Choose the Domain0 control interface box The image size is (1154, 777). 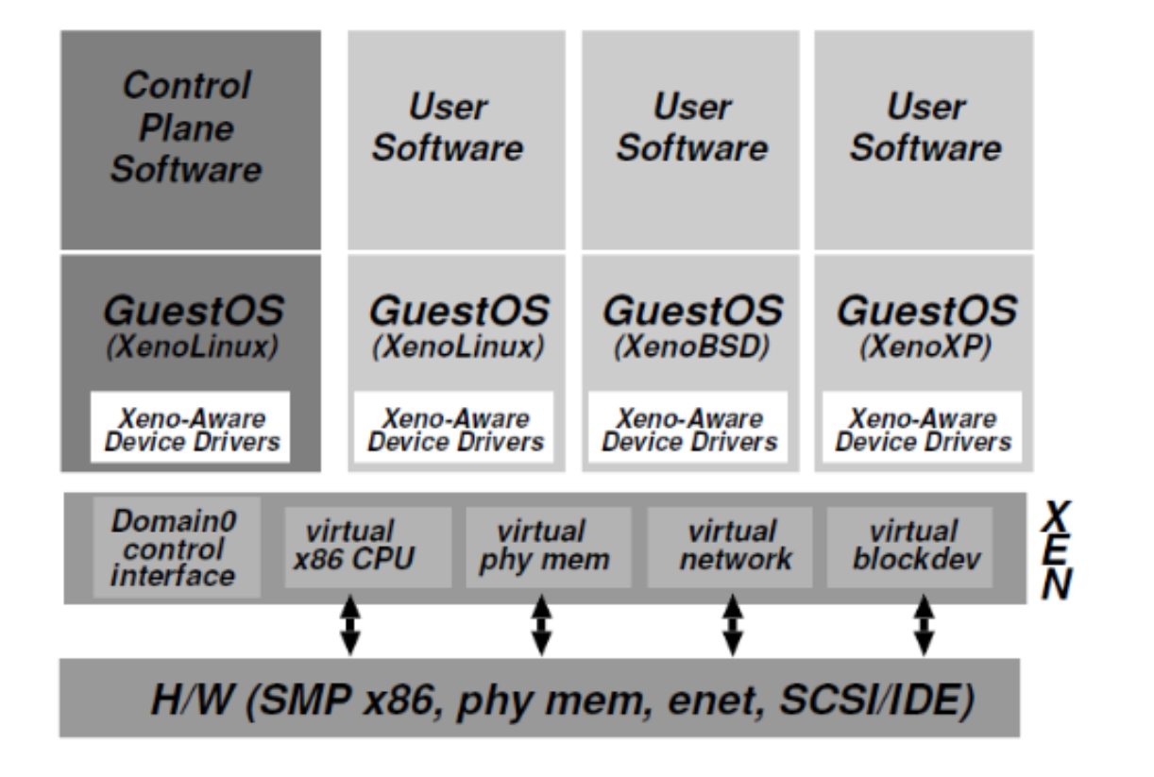click(x=177, y=548)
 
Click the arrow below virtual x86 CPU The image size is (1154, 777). click(x=350, y=624)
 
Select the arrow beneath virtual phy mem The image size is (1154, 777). click(x=541, y=624)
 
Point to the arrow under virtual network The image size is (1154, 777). click(x=732, y=624)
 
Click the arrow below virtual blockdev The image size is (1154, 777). click(x=924, y=624)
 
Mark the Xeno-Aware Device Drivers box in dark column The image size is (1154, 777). click(x=191, y=430)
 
